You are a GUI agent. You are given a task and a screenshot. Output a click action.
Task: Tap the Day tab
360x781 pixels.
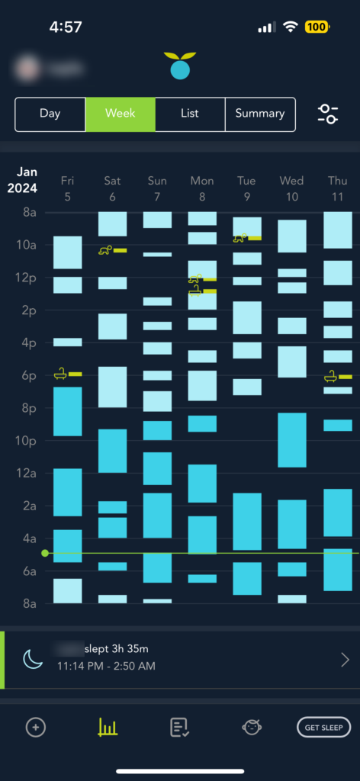click(50, 114)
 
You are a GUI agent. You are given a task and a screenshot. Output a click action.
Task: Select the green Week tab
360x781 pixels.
click(120, 114)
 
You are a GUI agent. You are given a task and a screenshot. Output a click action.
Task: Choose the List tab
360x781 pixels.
click(190, 114)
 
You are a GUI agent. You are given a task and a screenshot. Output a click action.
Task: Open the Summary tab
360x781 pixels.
click(259, 114)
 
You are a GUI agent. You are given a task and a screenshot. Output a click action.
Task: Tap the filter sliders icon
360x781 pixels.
click(328, 114)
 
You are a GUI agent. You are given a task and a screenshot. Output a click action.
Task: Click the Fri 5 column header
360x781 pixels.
click(67, 188)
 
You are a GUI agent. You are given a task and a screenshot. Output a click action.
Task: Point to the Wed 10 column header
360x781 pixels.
click(291, 188)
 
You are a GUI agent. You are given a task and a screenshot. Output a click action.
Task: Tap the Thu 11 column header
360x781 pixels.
click(336, 188)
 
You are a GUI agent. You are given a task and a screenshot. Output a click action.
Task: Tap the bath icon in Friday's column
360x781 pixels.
click(60, 374)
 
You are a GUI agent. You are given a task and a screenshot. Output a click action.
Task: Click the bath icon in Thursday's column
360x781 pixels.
click(331, 376)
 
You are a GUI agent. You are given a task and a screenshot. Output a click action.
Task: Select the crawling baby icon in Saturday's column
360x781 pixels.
click(105, 250)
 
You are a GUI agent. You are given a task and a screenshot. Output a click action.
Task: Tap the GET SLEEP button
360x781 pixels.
click(323, 728)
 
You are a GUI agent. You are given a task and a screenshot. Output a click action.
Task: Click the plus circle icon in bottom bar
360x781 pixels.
click(35, 728)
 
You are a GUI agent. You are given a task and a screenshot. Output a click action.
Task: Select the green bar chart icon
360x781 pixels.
click(108, 728)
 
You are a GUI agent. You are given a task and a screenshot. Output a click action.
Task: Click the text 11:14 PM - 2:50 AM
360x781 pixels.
click(106, 666)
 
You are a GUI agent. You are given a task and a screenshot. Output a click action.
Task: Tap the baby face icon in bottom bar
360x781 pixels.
click(252, 728)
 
